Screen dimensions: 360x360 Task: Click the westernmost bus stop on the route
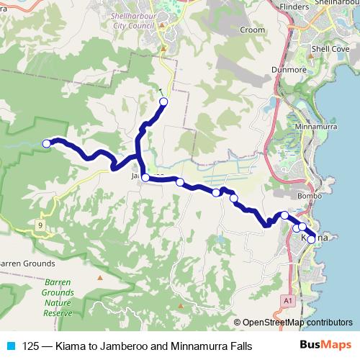pos(47,143)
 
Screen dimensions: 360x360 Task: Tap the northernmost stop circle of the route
pos(163,102)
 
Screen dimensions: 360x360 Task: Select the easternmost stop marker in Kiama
pos(311,239)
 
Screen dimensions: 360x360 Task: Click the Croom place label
pos(252,31)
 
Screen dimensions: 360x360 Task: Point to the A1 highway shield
pos(288,300)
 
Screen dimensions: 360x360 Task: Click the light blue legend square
pos(10,346)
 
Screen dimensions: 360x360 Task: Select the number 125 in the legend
pos(30,346)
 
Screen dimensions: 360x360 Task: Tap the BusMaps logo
pos(325,346)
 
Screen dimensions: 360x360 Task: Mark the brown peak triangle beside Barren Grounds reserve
pos(100,277)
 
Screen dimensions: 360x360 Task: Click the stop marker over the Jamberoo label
pos(145,177)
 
